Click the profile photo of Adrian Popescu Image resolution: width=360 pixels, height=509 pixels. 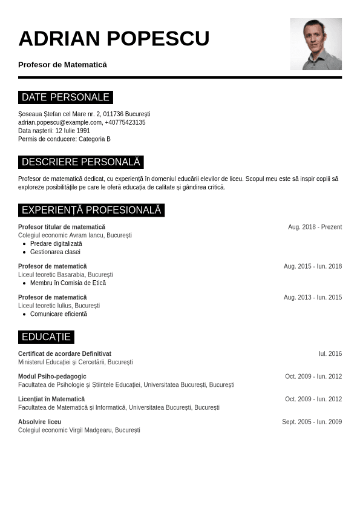pos(316,44)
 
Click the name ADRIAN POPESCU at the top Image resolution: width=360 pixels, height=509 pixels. pos(114,39)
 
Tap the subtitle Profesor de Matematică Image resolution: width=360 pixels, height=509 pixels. pos(62,65)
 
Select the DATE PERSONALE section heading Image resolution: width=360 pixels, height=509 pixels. pos(65,97)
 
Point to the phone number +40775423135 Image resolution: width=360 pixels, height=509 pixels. pos(125,122)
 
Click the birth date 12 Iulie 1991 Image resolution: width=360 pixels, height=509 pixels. pos(73,131)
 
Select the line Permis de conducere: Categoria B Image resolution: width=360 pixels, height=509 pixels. pos(64,139)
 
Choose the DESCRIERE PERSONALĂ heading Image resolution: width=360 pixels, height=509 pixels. pos(80,162)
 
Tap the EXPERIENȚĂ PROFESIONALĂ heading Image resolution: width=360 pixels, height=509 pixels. pos(91,210)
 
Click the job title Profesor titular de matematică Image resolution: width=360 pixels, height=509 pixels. pos(62,227)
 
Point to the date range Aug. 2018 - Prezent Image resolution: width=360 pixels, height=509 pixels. pos(315,227)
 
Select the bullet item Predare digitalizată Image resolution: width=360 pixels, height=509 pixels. pos(56,243)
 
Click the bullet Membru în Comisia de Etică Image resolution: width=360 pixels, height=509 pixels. pos(68,283)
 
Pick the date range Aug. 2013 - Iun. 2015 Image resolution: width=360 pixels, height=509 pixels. pos(313,297)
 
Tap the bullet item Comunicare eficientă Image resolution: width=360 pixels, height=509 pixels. pos(59,314)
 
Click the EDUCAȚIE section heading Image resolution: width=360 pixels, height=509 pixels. pos(46,337)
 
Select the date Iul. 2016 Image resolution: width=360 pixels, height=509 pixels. pos(330,353)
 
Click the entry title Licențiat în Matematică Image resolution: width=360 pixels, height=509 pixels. pos(51,399)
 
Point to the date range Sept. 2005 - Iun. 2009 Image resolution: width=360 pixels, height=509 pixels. pos(312,422)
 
